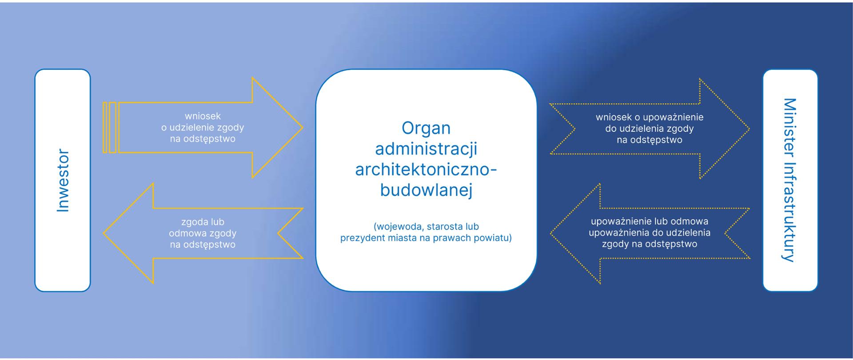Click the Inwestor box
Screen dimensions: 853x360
[63, 180]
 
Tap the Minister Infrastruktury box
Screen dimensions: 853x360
[790, 180]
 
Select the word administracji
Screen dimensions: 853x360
[426, 148]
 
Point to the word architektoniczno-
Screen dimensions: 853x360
[426, 169]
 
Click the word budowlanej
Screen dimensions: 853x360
[426, 190]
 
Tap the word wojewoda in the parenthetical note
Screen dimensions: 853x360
[401, 226]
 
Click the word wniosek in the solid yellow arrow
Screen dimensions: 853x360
[203, 116]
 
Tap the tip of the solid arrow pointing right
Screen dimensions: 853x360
[303, 128]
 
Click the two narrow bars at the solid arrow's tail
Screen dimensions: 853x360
[110, 128]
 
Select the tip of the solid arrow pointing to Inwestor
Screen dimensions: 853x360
[104, 233]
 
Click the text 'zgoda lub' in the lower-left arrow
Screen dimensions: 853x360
[203, 222]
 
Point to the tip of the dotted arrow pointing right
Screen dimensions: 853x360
[749, 129]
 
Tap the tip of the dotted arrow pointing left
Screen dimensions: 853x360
[550, 233]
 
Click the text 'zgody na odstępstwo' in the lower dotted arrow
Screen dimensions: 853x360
[649, 244]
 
